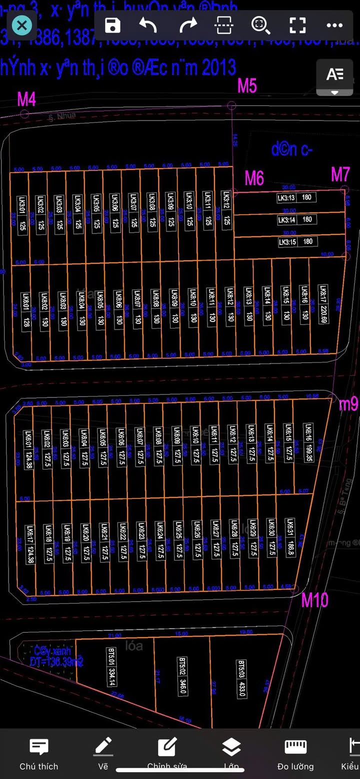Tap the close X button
pyautogui.click(x=21, y=25)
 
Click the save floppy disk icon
pyautogui.click(x=113, y=25)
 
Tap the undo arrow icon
pyautogui.click(x=148, y=25)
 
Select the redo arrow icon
pyautogui.click(x=188, y=25)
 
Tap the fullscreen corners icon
pyautogui.click(x=297, y=25)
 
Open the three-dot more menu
pyautogui.click(x=334, y=25)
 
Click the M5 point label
pyautogui.click(x=247, y=86)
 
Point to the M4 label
pyautogui.click(x=26, y=99)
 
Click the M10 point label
pyautogui.click(x=314, y=599)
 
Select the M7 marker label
pyautogui.click(x=340, y=174)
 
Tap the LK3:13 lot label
pyautogui.click(x=286, y=197)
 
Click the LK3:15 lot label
pyautogui.click(x=287, y=241)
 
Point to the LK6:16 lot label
pyautogui.click(x=308, y=435)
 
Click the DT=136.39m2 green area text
pyautogui.click(x=56, y=661)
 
